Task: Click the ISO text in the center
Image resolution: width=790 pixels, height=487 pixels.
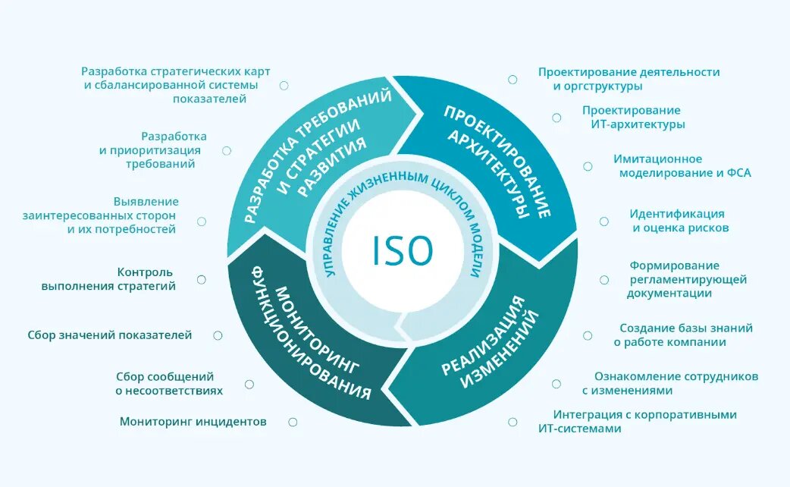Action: pos(402,251)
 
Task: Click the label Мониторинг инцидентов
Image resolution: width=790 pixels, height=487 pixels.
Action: pos(193,422)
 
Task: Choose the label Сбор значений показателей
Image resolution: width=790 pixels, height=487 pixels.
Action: pos(110,335)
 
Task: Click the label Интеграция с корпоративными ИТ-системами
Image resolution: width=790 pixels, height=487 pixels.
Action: pos(637,422)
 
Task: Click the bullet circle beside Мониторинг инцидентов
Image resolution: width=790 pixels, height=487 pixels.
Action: pos(290,422)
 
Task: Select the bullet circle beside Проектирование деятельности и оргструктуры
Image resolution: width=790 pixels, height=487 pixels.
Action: pos(513,79)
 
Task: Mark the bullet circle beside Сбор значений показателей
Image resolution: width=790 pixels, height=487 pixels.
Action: pos(218,335)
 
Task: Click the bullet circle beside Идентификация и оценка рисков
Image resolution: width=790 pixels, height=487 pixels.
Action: pos(604,222)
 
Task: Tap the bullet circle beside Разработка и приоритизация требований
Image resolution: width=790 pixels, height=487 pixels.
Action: pos(226,150)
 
